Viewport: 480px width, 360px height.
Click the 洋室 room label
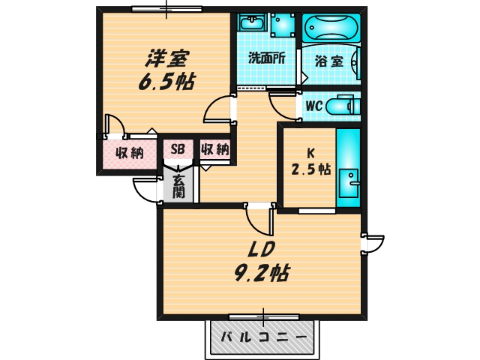coord(167,57)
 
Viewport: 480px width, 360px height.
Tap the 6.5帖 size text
coord(166,81)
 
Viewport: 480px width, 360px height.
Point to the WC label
coord(313,106)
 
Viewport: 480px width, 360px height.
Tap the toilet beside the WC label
coord(346,106)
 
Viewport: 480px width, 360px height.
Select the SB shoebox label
coord(178,148)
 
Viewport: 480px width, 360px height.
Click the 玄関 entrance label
coord(178,186)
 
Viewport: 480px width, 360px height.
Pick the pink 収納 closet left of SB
coord(129,154)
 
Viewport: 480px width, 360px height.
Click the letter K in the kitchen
coord(310,149)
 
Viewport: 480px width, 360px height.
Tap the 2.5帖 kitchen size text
coord(310,169)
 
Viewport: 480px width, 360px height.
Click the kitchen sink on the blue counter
coord(349,181)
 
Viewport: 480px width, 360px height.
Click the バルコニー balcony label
coord(262,338)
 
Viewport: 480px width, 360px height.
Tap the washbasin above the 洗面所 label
coord(250,22)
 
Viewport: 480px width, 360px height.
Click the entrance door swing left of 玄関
coord(145,190)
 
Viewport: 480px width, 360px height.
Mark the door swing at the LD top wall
coord(259,220)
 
